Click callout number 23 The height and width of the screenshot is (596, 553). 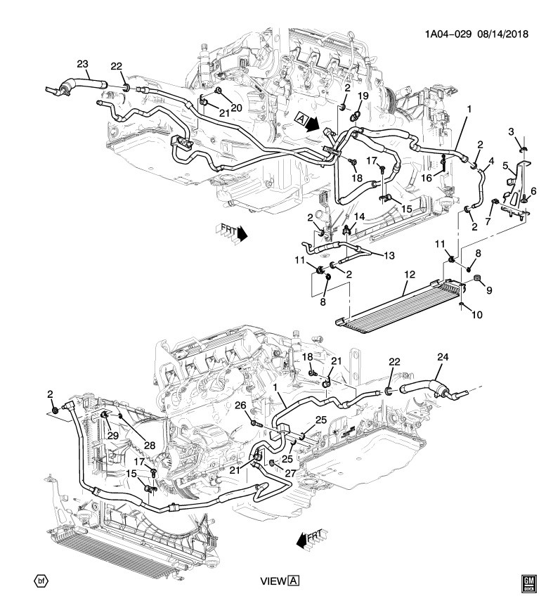tap(82, 65)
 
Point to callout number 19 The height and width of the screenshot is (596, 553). tap(363, 96)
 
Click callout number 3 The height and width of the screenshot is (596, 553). tap(512, 131)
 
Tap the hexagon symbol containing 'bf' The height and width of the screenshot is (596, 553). tap(40, 580)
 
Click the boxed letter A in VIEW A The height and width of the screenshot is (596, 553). tap(294, 581)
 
